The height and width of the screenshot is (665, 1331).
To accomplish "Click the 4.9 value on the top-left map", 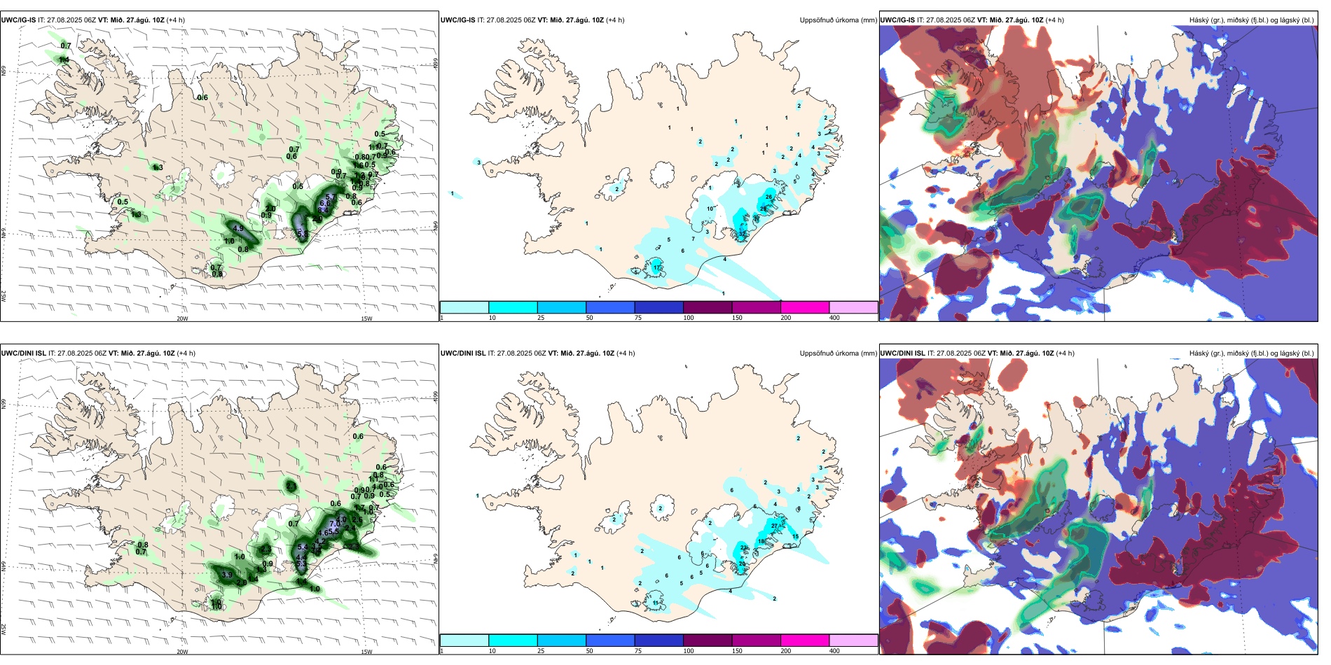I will (238, 228).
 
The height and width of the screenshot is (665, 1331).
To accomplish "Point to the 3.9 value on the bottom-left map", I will (227, 575).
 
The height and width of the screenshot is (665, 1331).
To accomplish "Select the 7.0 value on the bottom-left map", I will (335, 524).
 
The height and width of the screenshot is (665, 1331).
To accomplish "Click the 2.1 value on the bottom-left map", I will (291, 485).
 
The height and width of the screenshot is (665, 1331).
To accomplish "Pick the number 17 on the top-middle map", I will (656, 268).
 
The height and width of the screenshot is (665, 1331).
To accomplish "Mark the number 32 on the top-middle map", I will (743, 234).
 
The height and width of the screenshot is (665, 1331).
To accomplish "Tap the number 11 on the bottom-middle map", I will (656, 603).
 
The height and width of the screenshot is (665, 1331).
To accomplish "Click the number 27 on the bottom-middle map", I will (775, 526).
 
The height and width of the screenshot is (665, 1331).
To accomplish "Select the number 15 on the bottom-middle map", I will (795, 536).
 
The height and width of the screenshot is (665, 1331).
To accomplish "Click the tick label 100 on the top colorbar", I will (689, 318).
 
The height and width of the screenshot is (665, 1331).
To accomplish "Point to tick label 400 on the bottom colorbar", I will (834, 651).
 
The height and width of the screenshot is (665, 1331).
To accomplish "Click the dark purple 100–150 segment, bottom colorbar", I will (708, 640).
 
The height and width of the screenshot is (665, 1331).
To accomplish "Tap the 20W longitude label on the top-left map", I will (182, 318).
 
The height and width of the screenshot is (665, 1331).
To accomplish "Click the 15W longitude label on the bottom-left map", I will (366, 652).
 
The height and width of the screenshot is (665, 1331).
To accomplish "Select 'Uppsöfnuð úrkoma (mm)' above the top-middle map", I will (838, 20).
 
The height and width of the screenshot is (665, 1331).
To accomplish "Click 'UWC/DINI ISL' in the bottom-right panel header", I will (902, 353).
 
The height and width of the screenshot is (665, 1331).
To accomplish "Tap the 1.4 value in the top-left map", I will (64, 60).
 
